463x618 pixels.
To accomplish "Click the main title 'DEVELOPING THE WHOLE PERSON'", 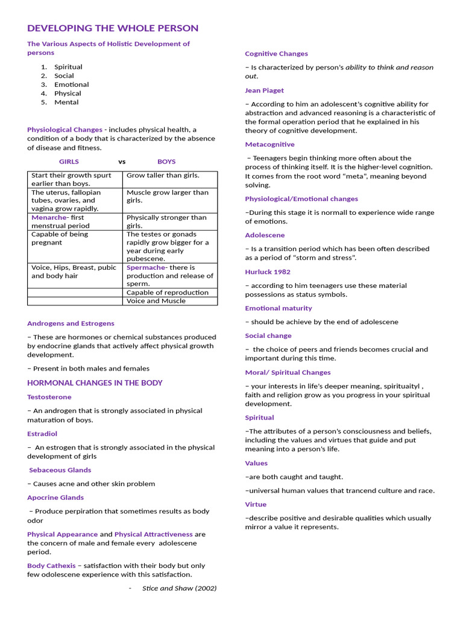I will click(x=113, y=28).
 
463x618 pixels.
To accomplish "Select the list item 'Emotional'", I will click(x=71, y=84).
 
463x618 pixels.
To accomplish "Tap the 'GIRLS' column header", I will click(x=69, y=162).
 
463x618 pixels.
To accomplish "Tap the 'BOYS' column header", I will click(x=166, y=162).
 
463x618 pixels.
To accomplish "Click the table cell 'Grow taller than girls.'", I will click(x=163, y=176).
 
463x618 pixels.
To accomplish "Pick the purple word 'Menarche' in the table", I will click(x=49, y=217).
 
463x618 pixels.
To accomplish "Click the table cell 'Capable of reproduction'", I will click(x=168, y=293).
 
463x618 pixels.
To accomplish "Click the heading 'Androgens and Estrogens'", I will click(x=71, y=323).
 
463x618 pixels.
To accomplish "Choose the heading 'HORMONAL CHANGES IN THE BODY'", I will click(x=95, y=383).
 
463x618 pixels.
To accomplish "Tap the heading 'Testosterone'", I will click(x=49, y=397).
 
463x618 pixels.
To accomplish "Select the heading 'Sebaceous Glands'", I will click(x=60, y=470).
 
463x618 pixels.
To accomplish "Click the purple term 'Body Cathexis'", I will click(x=51, y=565).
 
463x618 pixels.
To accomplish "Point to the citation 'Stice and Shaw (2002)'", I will click(x=179, y=588).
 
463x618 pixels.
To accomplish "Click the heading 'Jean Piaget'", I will click(x=264, y=91).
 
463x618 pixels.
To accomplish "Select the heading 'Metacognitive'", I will click(x=269, y=144).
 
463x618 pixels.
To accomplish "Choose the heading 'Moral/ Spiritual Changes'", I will click(x=288, y=372).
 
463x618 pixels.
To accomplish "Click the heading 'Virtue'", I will click(x=256, y=504).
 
